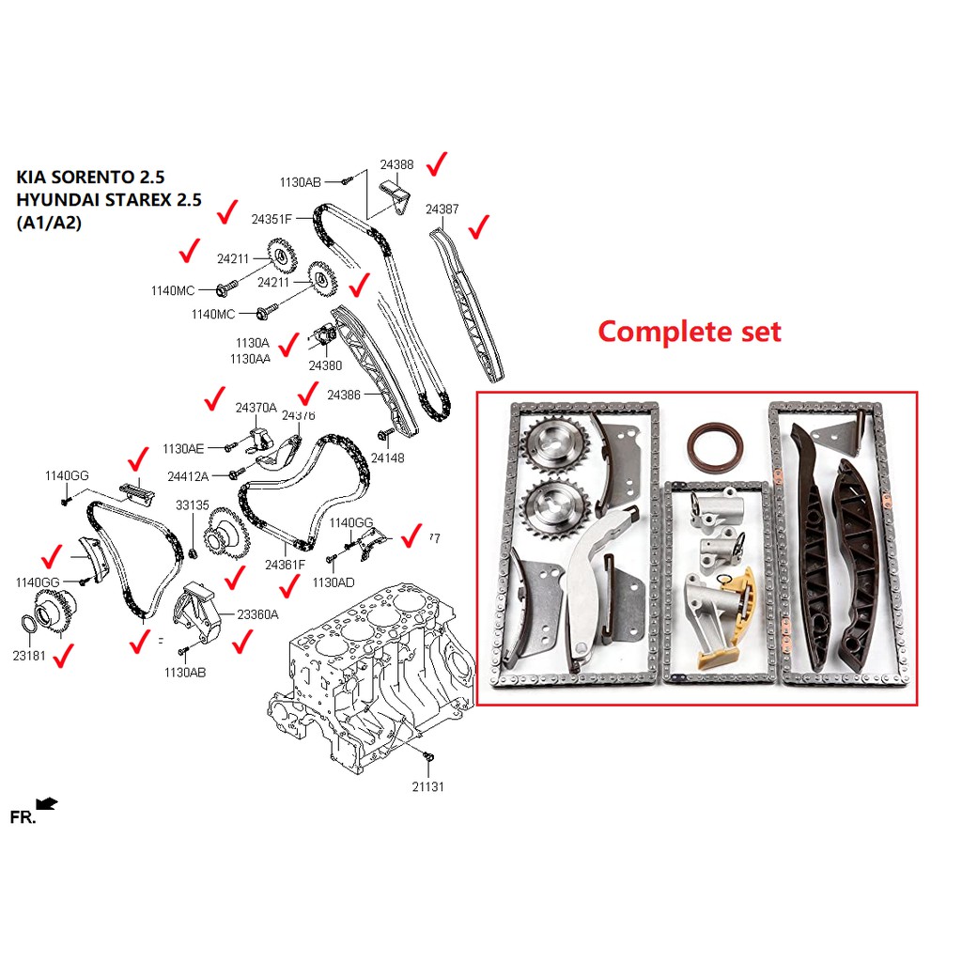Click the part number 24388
pos(396,164)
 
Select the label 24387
pos(442,209)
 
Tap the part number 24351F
pos(272,219)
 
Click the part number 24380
pos(326,365)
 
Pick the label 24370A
pos(256,408)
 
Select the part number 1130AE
pos(183,449)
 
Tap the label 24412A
pos(188,476)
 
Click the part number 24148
pos(387,458)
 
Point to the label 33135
pos(193,504)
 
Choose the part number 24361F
pos(285,565)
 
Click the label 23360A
pos(257,614)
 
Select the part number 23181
pos(28,657)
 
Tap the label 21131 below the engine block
pos(427,786)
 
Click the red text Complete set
pos(690,332)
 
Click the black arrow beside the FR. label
pos(47,803)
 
